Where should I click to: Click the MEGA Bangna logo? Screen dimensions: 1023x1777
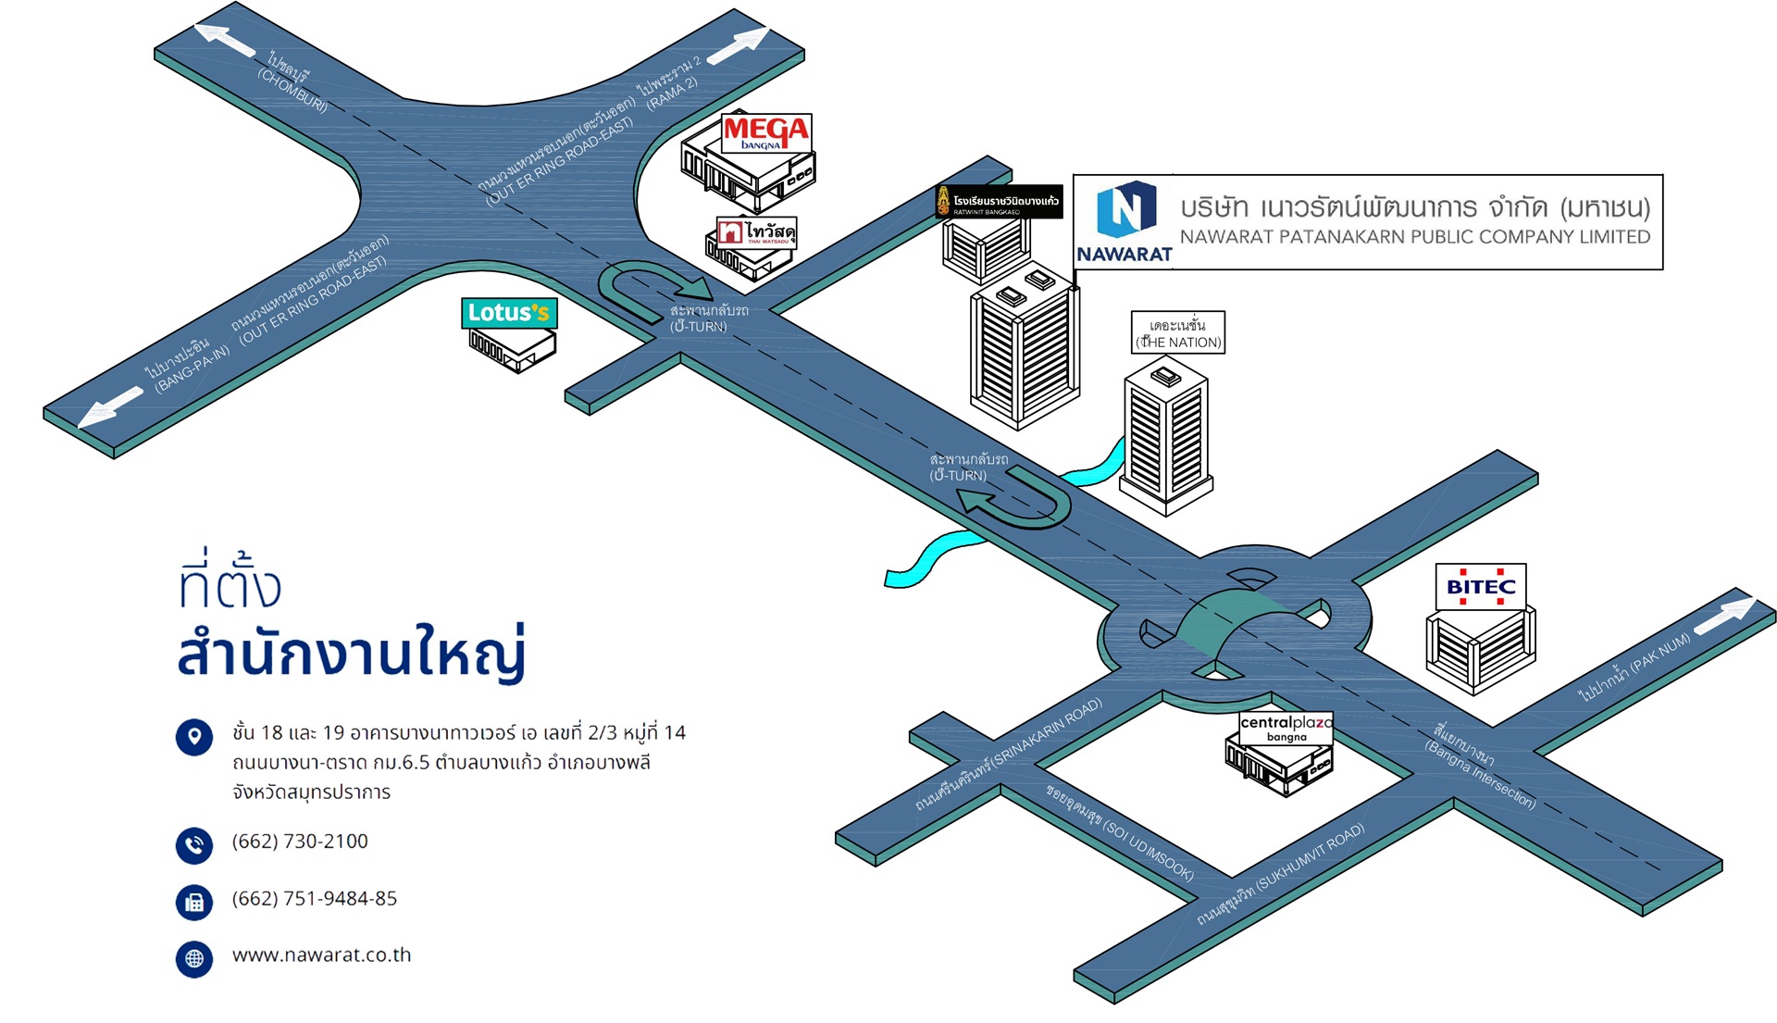(765, 133)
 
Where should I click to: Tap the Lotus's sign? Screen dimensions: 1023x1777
(508, 313)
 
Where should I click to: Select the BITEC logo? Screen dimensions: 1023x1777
(1481, 587)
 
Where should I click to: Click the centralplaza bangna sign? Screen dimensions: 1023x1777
(1286, 728)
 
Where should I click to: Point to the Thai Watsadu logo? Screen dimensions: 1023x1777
(756, 232)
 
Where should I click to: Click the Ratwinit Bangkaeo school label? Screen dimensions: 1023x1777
(999, 202)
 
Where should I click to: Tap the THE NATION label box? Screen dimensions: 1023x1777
(1178, 333)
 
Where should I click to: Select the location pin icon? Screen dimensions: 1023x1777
(194, 737)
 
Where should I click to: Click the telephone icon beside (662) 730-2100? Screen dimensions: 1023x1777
(194, 845)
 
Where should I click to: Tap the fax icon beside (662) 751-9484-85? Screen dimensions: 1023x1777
(194, 903)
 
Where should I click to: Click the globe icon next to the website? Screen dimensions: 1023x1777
(194, 959)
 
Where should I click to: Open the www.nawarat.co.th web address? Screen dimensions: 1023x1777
(321, 955)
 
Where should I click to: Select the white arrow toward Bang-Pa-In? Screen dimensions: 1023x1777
(111, 406)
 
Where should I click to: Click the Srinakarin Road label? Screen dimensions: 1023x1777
(1008, 755)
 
